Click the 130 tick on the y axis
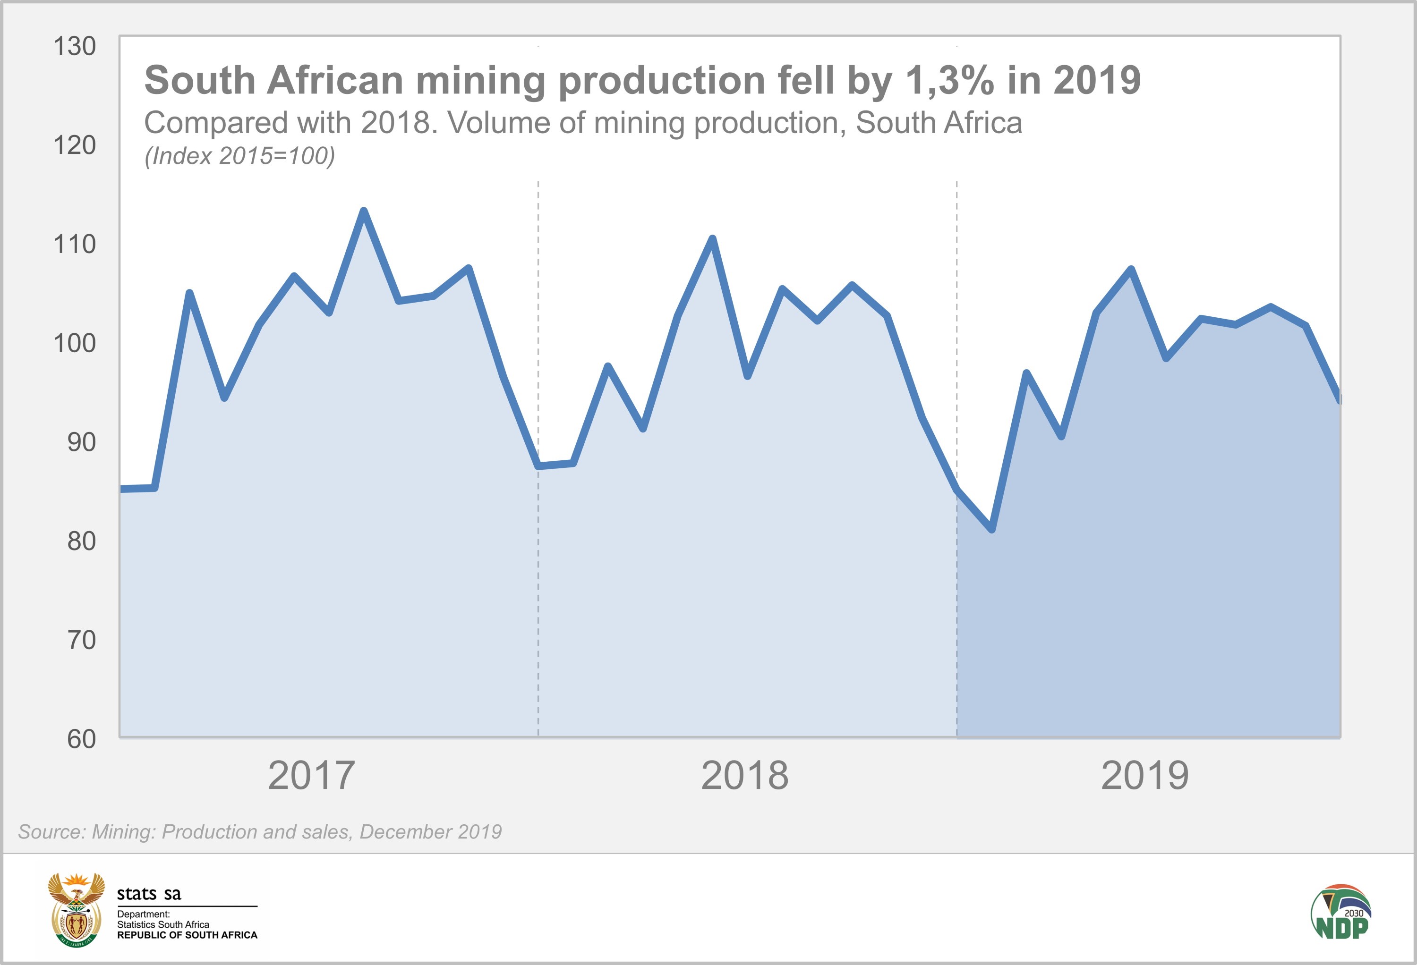click(x=74, y=46)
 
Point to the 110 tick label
click(x=74, y=245)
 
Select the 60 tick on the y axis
click(x=81, y=739)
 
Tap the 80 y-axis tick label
click(x=81, y=542)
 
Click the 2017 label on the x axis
click(x=311, y=775)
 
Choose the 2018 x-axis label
click(x=744, y=775)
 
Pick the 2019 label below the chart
click(x=1144, y=775)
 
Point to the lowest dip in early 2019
click(x=992, y=529)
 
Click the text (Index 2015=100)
click(x=239, y=156)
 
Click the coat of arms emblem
click(x=76, y=909)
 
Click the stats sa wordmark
click(x=149, y=894)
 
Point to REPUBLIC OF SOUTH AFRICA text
click(x=187, y=935)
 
